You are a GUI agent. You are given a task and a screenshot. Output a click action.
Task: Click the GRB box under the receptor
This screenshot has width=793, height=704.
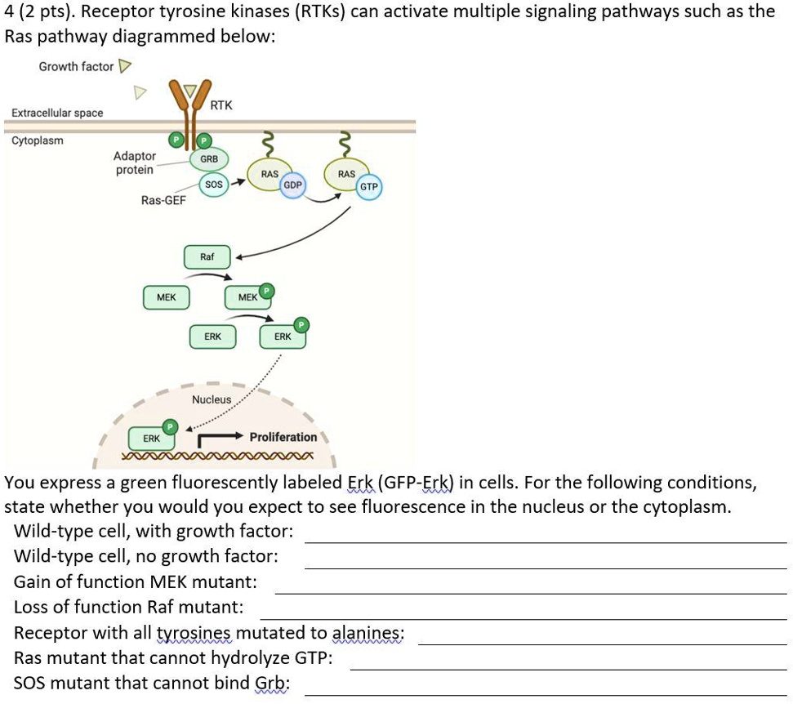[208, 158]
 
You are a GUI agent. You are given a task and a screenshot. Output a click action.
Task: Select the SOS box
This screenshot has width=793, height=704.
[213, 185]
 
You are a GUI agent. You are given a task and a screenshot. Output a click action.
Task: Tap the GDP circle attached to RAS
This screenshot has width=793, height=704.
[292, 185]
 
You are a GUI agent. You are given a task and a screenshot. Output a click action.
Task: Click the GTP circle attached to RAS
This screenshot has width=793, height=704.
[369, 187]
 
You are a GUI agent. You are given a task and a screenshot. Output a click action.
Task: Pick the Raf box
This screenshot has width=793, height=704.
[207, 257]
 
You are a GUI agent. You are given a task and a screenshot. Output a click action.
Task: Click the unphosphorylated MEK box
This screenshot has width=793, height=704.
[166, 297]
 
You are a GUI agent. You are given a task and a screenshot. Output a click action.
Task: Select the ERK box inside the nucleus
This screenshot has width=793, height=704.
[152, 439]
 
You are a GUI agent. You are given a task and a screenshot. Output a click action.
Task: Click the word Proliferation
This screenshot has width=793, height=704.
[283, 437]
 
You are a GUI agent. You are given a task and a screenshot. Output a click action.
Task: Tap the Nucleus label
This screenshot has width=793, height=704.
[212, 399]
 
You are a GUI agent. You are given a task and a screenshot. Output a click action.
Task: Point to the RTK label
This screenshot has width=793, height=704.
[221, 105]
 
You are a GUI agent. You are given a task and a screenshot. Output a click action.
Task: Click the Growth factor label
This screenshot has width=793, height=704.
[76, 66]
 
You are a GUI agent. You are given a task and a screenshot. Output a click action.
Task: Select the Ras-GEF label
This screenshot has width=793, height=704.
[163, 200]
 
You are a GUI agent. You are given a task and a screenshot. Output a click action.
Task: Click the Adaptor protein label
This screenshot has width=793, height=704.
[135, 163]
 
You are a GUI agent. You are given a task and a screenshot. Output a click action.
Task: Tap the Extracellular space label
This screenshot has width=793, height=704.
[57, 113]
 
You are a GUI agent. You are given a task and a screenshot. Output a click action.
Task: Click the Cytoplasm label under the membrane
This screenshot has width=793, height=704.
[37, 140]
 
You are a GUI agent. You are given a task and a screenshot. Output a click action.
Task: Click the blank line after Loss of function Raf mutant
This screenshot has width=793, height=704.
[523, 617]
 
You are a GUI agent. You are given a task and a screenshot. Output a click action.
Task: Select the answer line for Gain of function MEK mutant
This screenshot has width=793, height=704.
[531, 592]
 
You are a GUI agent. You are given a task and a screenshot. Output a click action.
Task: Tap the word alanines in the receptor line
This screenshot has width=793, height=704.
[368, 632]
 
